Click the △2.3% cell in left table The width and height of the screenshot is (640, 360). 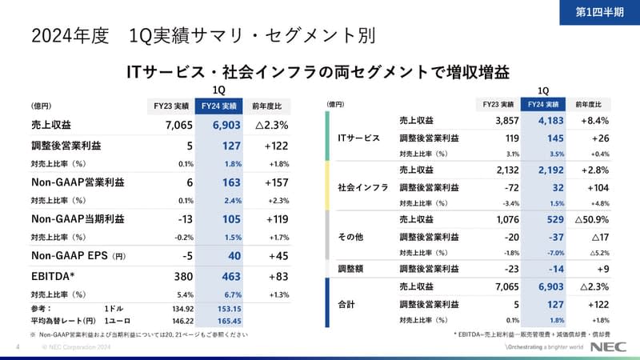pos(271,125)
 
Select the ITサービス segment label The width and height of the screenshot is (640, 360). pos(358,137)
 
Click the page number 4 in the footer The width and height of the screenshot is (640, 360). pos(17,348)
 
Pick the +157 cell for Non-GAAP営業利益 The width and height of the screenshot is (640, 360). pos(271,182)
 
